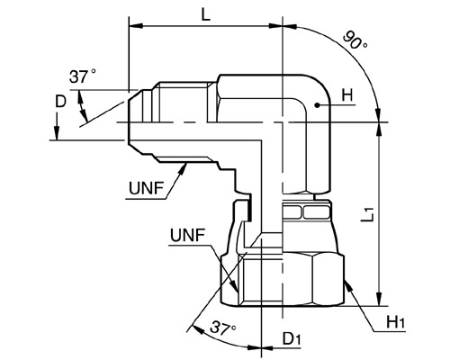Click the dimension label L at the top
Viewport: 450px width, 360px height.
tap(205, 14)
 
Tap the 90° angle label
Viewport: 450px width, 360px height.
tap(355, 40)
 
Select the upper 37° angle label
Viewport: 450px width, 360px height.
tap(83, 76)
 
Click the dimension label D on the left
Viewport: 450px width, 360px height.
tap(60, 102)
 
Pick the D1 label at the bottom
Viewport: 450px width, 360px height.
tap(292, 339)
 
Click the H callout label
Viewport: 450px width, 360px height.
tap(347, 96)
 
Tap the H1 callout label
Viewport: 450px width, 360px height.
tap(395, 323)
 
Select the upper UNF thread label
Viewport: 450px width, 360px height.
tap(146, 188)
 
